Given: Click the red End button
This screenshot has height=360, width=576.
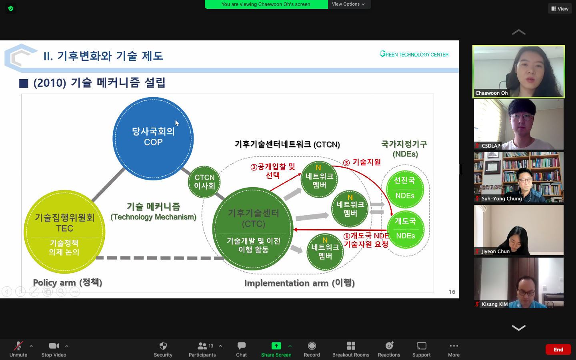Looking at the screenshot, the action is tap(558, 350).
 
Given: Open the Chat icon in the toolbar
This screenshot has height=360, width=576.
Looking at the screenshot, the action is tap(241, 346).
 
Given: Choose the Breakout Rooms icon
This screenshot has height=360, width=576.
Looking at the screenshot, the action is tap(351, 346).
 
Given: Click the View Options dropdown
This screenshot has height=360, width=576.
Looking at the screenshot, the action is tap(348, 4).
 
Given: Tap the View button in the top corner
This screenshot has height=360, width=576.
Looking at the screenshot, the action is tap(560, 9).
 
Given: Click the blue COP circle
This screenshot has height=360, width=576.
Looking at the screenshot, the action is tap(153, 138).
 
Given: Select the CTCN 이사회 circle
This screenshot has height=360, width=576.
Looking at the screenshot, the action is tap(204, 182).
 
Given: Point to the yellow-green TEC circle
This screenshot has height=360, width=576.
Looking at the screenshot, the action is tap(64, 232).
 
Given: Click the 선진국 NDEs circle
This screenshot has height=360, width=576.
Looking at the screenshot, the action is tap(405, 189).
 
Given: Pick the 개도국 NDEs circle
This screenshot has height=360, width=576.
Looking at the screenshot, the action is tap(406, 229).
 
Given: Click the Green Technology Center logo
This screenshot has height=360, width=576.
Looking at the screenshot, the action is tap(414, 54).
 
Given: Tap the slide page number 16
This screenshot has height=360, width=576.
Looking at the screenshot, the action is tap(452, 292).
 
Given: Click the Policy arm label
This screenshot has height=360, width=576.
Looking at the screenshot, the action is tap(68, 282).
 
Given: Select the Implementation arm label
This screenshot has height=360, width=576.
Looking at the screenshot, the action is tap(300, 283).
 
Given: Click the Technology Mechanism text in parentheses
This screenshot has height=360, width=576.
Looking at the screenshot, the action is tap(154, 217).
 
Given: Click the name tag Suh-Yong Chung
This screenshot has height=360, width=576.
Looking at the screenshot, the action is tap(502, 198).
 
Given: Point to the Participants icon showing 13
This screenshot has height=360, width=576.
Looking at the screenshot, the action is tap(205, 346).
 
